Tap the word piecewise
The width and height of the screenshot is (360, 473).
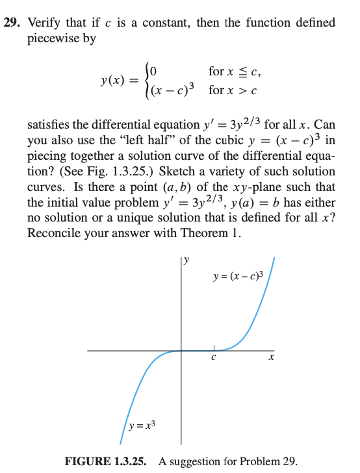point(61,38)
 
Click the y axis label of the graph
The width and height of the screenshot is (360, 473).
point(186,261)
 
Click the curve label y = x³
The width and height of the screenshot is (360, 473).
point(142,426)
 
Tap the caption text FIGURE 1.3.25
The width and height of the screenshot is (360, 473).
point(106,462)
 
